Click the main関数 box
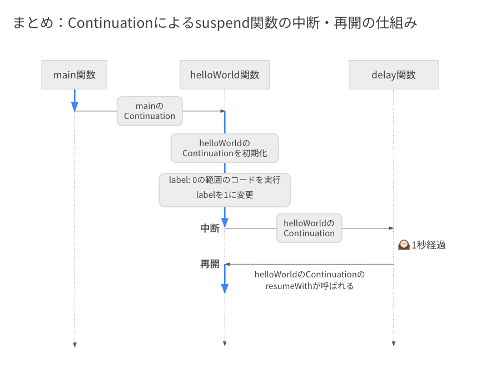[75, 75]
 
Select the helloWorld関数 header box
[225, 75]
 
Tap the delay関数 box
[394, 75]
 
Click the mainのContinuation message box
[150, 111]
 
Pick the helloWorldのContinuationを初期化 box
[225, 148]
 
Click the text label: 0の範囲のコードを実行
[225, 180]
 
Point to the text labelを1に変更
[225, 195]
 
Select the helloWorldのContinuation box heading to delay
[309, 228]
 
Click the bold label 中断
[210, 228]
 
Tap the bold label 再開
[210, 264]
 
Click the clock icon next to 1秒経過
[404, 245]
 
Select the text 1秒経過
[428, 245]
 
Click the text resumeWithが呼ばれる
[309, 286]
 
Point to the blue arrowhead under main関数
[75, 107]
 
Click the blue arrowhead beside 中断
[225, 223]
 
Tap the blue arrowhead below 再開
[225, 289]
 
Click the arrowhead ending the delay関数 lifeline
[394, 344]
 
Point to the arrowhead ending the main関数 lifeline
[75, 345]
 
